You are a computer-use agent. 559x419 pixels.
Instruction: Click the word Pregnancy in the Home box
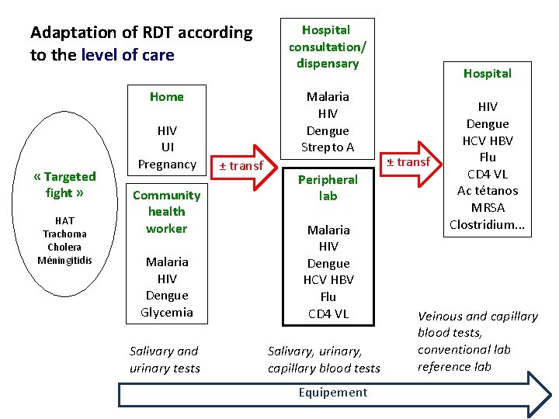click(x=167, y=164)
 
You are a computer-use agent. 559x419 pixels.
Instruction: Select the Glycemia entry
click(x=167, y=312)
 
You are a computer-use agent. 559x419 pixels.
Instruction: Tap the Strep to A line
click(x=328, y=147)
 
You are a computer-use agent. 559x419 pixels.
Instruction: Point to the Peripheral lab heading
click(x=328, y=187)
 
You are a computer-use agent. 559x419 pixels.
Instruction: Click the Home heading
click(x=167, y=96)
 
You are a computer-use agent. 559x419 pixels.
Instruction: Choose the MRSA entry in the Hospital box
click(x=488, y=207)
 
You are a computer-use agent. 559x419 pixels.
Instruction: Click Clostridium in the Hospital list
click(x=488, y=224)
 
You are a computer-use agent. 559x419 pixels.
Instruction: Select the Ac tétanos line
click(x=488, y=191)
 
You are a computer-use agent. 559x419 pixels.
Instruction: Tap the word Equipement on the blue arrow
click(x=333, y=392)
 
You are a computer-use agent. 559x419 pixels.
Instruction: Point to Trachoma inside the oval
click(x=65, y=234)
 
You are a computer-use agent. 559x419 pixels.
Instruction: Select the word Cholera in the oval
click(x=65, y=247)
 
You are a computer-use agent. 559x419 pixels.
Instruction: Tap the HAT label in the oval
click(x=65, y=220)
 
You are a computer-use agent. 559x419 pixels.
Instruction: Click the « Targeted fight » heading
click(x=65, y=185)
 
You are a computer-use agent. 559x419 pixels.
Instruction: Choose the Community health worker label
click(x=167, y=211)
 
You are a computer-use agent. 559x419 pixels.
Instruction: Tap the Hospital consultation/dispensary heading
click(x=328, y=46)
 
